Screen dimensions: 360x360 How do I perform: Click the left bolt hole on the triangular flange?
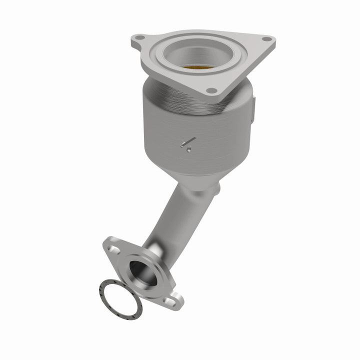139,38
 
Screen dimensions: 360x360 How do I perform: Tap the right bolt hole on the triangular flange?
265,39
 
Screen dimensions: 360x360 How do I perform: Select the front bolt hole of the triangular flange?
212,90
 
